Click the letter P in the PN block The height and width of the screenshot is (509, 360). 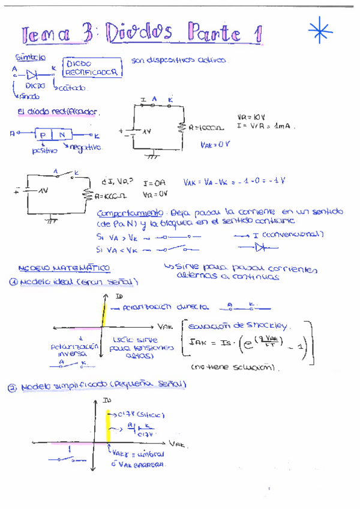tap(45, 134)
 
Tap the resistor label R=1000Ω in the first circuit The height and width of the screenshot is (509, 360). tap(206, 128)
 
